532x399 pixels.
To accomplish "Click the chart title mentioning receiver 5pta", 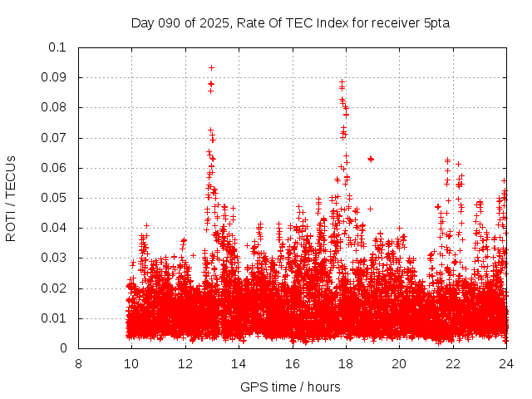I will click(290, 22).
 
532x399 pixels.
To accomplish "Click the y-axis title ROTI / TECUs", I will click(11, 198).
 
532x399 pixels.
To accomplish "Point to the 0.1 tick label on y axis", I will click(57, 47).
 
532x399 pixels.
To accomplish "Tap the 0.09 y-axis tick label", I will click(54, 77).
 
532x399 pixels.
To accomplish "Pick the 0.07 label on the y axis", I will click(54, 138).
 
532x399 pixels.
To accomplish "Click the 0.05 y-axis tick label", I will click(54, 198).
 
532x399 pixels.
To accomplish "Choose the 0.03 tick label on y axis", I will click(54, 259).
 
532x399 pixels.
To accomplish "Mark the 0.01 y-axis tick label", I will click(54, 318).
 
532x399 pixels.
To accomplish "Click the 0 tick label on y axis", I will click(63, 348).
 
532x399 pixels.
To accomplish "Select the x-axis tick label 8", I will click(78, 363).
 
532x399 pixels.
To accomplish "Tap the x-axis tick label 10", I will click(131, 363).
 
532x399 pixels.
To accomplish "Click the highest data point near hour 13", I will click(211, 67).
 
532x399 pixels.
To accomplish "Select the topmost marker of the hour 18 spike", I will click(342, 82).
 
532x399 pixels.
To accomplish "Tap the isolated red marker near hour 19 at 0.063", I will click(371, 159).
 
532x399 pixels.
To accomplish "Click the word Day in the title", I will click(143, 22).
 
